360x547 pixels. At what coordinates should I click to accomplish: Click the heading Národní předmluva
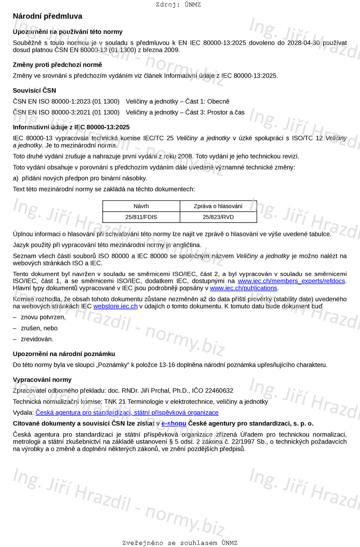tap(47, 16)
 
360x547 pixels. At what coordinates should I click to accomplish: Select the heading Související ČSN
tap(34, 91)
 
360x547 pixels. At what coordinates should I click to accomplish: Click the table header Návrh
tap(141, 206)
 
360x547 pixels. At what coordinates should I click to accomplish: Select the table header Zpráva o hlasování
tap(218, 206)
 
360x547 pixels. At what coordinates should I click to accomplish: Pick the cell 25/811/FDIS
tap(141, 217)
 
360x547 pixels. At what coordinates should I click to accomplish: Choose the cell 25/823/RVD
tap(218, 217)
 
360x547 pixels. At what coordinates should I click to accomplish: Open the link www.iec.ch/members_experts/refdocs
tap(291, 281)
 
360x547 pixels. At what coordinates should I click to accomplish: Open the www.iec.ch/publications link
tap(244, 288)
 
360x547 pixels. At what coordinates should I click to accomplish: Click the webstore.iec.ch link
tap(116, 306)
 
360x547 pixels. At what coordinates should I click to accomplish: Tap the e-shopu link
tap(174, 424)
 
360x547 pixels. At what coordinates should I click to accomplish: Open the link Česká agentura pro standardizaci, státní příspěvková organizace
tap(127, 413)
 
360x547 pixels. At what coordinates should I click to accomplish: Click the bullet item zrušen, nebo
tap(39, 328)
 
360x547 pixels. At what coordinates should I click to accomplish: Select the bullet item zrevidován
tap(37, 339)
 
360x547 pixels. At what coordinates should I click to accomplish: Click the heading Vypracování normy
tap(42, 380)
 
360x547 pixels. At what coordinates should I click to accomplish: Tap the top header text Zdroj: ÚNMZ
tap(178, 5)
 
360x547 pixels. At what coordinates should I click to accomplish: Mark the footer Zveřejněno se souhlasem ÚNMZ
tap(180, 543)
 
